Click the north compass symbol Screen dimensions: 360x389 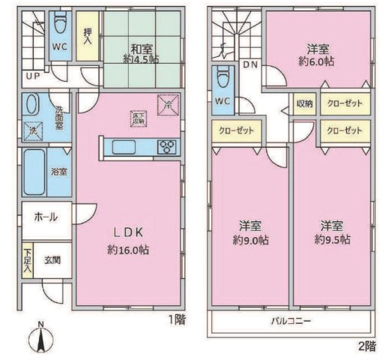pyautogui.click(x=42, y=340)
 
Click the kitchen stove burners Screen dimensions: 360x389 pyautogui.click(x=168, y=147)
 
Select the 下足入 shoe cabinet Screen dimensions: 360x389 pyautogui.click(x=28, y=259)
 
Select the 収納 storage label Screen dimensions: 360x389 pyautogui.click(x=304, y=103)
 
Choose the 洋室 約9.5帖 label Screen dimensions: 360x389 pyautogui.click(x=331, y=232)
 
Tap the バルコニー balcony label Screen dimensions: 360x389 pyautogui.click(x=292, y=321)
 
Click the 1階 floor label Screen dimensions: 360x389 pyautogui.click(x=177, y=319)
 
